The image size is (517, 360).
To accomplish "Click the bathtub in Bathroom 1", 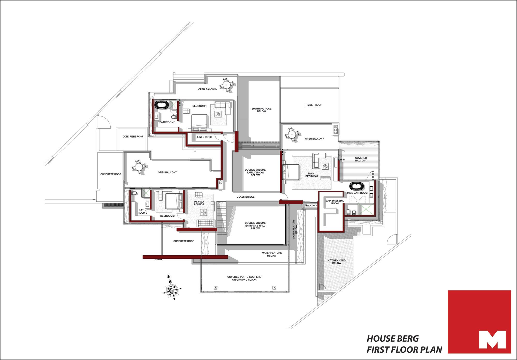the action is (162, 105).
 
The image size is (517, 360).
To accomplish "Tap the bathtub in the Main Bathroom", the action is (357, 186).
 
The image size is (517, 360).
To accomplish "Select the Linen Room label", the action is (204, 137).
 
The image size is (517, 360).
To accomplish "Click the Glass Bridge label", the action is (246, 197).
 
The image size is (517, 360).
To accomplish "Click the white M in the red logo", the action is (492, 340).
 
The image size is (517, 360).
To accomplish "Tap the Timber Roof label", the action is (313, 105).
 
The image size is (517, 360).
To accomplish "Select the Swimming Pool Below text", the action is (261, 110).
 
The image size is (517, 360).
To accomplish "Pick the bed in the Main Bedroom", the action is (291, 172).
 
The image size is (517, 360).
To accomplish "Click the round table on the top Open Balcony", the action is (227, 85).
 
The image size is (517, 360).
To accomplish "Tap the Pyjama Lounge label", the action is (199, 203).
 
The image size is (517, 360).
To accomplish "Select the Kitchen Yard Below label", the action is (337, 262).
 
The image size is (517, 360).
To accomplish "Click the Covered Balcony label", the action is (361, 159).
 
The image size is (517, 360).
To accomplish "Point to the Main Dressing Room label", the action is (335, 202).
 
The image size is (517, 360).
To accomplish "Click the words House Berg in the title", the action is (393, 339).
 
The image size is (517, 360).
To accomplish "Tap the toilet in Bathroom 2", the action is (134, 193).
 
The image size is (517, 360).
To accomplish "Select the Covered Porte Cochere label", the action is (244, 278).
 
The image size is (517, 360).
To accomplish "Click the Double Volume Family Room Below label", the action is (255, 172).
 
